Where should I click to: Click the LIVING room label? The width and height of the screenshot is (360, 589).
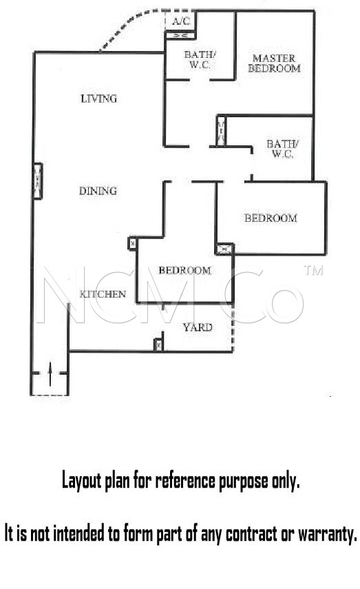[x=98, y=99]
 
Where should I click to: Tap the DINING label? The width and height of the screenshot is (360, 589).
[x=98, y=191]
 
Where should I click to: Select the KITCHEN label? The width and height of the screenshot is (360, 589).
[x=103, y=293]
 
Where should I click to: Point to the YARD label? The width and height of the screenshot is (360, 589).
[x=198, y=327]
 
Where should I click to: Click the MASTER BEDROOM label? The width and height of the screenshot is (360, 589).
[x=274, y=63]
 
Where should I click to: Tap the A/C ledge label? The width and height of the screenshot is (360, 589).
[x=181, y=21]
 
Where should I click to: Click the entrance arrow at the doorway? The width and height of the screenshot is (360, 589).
[x=50, y=374]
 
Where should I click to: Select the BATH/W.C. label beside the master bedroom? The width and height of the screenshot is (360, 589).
[x=200, y=59]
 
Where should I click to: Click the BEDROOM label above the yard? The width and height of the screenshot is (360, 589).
[x=184, y=270]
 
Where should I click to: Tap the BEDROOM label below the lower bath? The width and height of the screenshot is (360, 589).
[x=271, y=218]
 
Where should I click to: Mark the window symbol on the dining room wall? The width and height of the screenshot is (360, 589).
[x=38, y=180]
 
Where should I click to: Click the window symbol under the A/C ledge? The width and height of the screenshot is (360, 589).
[x=180, y=35]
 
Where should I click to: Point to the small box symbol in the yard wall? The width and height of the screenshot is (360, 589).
[x=159, y=344]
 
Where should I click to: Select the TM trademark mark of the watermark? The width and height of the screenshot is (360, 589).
[x=313, y=270]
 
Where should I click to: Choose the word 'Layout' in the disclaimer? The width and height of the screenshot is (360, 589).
[x=82, y=481]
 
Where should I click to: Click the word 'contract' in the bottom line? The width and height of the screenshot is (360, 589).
[x=253, y=533]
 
